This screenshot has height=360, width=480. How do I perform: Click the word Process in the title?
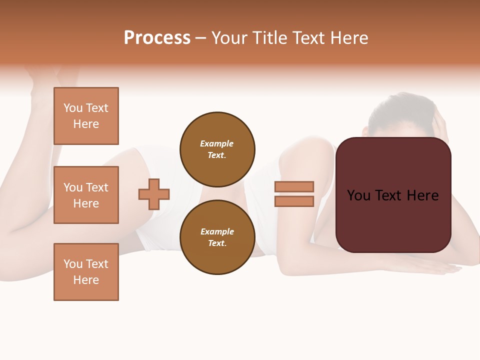coord(157,38)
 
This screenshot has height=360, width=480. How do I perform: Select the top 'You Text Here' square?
coord(86,116)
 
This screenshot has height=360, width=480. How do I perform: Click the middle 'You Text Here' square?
coord(86,195)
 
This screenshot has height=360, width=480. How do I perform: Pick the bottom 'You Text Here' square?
coord(86,272)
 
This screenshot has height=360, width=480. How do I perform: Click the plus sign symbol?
coord(154,194)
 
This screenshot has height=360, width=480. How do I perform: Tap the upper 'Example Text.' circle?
coord(217,149)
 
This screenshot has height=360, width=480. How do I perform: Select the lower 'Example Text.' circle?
coord(217,237)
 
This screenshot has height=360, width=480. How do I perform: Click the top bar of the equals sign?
coord(294,186)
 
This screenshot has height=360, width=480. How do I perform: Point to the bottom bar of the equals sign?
coord(294,201)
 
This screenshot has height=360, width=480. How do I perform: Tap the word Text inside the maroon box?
coord(392,195)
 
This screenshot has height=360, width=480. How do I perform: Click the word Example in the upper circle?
coord(217,143)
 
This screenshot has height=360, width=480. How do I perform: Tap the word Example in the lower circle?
coord(217,231)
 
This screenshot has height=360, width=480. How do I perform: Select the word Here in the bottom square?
coord(86,280)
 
